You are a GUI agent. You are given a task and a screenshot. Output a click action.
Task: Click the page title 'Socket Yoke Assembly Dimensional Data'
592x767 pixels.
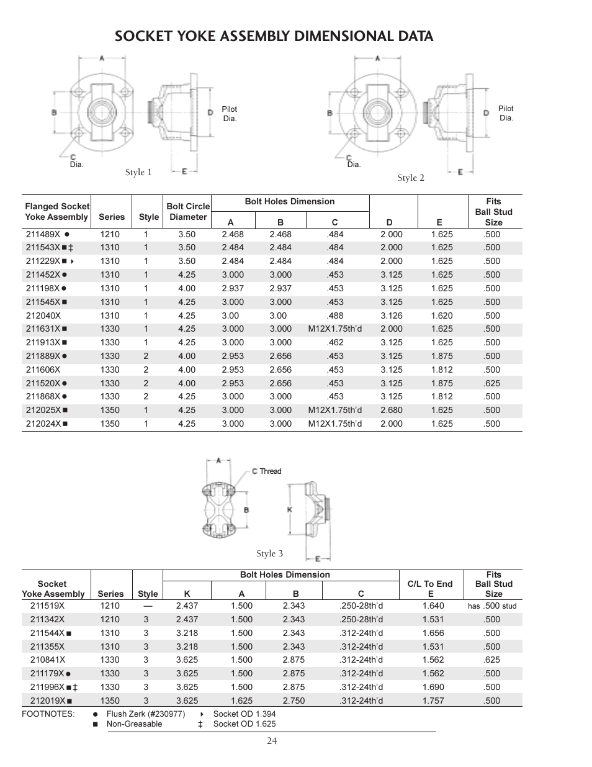pyautogui.click(x=274, y=36)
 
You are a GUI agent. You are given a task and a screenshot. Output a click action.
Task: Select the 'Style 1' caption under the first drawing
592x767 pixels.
pyautogui.click(x=138, y=172)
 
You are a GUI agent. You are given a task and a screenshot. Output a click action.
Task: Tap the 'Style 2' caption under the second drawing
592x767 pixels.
pyautogui.click(x=411, y=178)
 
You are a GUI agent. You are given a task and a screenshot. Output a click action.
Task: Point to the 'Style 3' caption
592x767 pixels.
pyautogui.click(x=269, y=553)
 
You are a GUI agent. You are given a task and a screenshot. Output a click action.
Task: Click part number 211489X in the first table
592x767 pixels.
pyautogui.click(x=43, y=234)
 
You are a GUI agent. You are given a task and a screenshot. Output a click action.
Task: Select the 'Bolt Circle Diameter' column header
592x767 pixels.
pyautogui.click(x=187, y=211)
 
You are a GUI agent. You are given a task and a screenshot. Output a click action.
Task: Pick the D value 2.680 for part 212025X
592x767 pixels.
pyautogui.click(x=391, y=410)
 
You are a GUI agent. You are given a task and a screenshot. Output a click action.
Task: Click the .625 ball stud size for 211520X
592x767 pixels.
pyautogui.click(x=491, y=383)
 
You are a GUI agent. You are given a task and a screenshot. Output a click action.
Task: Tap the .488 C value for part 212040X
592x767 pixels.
pyautogui.click(x=334, y=315)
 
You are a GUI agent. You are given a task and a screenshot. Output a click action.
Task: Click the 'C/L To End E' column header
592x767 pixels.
pyautogui.click(x=430, y=589)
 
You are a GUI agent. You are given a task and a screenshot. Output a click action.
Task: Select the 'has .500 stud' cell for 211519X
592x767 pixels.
pyautogui.click(x=491, y=606)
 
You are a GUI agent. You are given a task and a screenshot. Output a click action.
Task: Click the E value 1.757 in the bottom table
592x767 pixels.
pyautogui.click(x=433, y=701)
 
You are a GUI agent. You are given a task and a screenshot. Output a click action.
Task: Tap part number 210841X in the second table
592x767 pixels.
pyautogui.click(x=47, y=660)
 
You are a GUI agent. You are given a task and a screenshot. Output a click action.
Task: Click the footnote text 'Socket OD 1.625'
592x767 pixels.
pyautogui.click(x=244, y=724)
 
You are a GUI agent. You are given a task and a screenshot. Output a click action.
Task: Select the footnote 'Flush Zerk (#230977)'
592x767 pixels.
pyautogui.click(x=145, y=714)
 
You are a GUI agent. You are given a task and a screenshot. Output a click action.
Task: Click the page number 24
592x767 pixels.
pyautogui.click(x=272, y=740)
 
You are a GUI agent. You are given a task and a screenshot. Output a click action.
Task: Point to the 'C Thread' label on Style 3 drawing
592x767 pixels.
pyautogui.click(x=266, y=471)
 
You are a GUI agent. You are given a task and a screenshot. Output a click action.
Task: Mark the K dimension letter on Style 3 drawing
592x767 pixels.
pyautogui.click(x=289, y=509)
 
